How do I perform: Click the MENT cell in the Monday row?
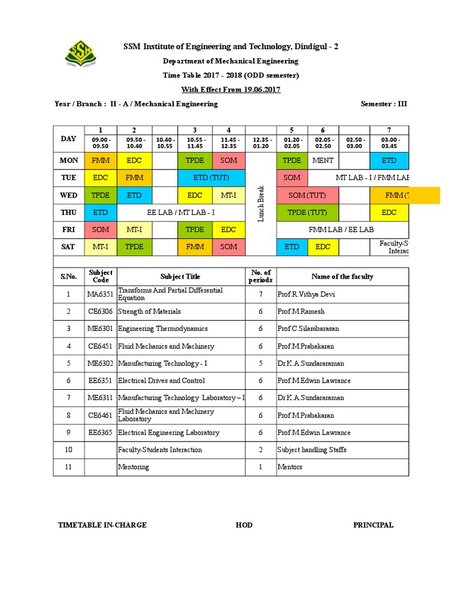[323, 160]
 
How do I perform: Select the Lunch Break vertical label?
[260, 204]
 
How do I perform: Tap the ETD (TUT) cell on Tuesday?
[211, 178]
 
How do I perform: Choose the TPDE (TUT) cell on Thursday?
[307, 213]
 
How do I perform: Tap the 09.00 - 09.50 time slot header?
[100, 142]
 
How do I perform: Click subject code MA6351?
[100, 294]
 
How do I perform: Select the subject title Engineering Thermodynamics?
[163, 329]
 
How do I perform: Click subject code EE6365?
[100, 432]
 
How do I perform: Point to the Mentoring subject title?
[134, 467]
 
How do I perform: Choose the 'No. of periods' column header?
[260, 276]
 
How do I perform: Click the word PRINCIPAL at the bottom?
[373, 525]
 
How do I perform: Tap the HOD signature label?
[244, 525]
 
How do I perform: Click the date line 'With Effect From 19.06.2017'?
[231, 89]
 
